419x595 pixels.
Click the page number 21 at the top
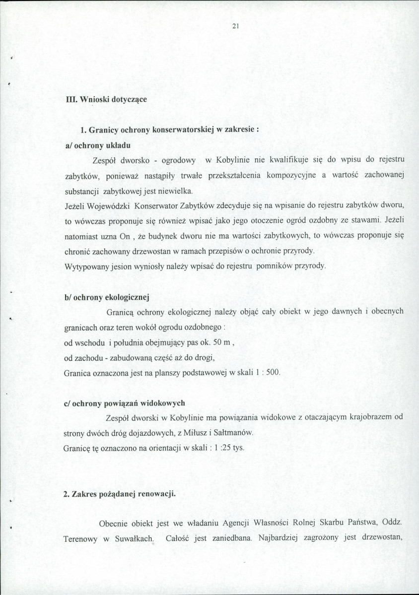tap(235, 27)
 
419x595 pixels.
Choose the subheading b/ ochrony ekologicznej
tap(107, 297)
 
